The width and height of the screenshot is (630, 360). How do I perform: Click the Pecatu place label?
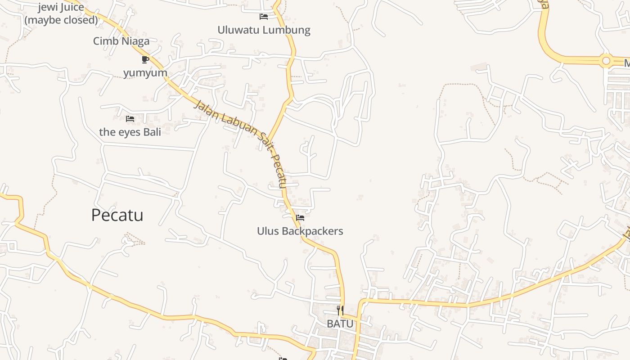[117, 215]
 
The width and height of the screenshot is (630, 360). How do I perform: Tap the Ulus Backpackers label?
[300, 231]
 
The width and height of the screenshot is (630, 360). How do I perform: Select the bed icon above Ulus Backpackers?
[300, 218]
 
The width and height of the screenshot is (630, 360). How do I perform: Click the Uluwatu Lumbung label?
[264, 30]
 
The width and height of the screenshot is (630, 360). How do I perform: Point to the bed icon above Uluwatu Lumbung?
[264, 17]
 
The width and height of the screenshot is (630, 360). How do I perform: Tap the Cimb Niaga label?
[121, 41]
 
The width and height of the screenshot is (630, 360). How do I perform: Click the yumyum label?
[145, 72]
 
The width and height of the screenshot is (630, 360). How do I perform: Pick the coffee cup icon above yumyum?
[145, 59]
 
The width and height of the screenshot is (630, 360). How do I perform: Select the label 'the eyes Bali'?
[130, 132]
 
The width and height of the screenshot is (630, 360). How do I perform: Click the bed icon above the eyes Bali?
[130, 119]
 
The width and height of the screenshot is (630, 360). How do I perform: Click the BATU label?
[340, 324]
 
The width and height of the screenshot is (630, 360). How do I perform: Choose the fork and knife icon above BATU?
[340, 310]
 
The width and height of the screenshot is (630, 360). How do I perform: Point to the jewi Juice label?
[61, 7]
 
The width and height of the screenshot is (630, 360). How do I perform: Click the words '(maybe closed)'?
[61, 20]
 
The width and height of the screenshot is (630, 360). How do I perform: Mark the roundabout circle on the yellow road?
[606, 60]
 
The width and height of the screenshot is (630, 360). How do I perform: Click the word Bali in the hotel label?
[152, 132]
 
